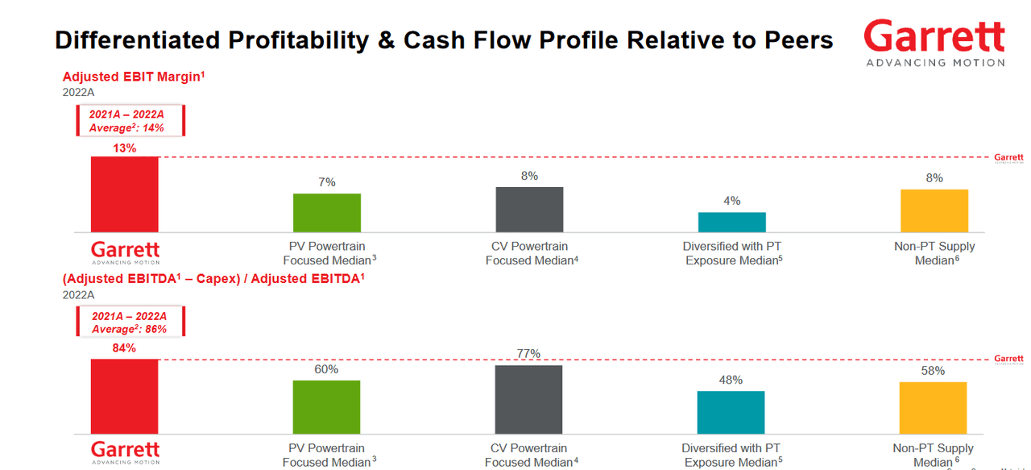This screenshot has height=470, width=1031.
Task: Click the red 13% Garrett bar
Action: (124, 194)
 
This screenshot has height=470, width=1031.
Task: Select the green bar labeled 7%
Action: (326, 213)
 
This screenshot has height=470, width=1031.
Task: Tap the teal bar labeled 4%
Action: (731, 223)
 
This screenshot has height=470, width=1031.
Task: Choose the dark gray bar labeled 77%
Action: (528, 400)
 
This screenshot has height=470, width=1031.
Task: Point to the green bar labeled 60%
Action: (326, 408)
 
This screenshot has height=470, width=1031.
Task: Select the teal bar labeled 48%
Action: (731, 413)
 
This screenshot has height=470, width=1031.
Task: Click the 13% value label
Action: (124, 148)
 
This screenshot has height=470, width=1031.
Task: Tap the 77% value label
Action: (528, 354)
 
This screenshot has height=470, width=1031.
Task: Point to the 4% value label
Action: (731, 201)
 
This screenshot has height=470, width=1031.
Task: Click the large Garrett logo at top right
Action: (934, 42)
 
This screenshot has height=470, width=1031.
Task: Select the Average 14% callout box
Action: (130, 121)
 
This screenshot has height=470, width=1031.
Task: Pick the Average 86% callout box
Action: (130, 322)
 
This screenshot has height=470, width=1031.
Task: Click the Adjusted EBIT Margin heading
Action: (134, 77)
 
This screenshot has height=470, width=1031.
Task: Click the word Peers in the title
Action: (793, 40)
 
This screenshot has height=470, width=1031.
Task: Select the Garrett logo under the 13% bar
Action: (125, 252)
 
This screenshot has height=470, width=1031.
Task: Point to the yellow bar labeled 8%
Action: (934, 211)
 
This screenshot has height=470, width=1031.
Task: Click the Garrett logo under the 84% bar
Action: (125, 452)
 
